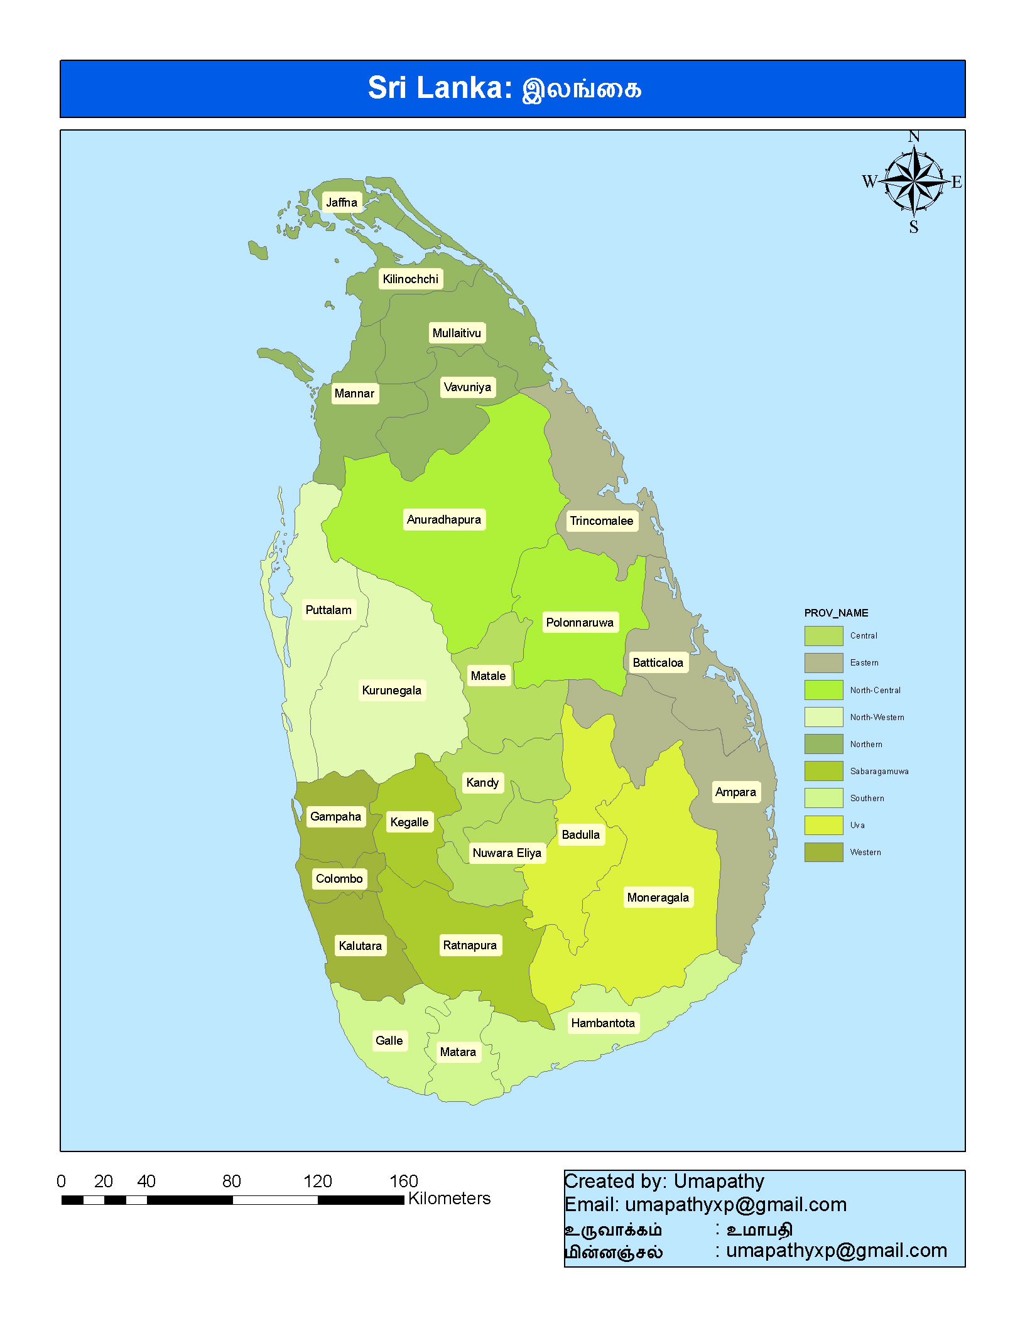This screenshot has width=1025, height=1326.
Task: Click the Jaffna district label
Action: tap(342, 202)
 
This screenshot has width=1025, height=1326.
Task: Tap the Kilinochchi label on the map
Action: tap(411, 279)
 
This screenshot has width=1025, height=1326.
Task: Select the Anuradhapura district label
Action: tap(444, 519)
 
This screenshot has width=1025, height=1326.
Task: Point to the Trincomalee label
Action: tap(601, 520)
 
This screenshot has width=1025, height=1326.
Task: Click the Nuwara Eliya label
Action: tap(507, 853)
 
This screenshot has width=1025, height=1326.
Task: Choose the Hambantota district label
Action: tap(603, 1023)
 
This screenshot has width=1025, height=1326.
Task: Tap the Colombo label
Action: tap(339, 878)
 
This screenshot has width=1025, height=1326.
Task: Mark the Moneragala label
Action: tap(658, 897)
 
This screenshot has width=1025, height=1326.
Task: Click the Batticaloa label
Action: tap(658, 662)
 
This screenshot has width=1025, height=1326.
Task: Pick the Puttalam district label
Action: tap(328, 610)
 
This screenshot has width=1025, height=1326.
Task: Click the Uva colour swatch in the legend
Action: tap(823, 825)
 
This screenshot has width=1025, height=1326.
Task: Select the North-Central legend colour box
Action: tap(823, 689)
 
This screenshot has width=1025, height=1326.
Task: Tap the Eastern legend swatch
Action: tap(823, 662)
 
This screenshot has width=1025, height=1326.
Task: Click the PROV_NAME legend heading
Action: tap(836, 613)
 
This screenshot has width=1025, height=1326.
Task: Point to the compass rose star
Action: tap(914, 181)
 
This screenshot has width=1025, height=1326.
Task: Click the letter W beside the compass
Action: tap(869, 181)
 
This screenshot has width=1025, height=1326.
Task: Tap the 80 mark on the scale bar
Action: tap(232, 1181)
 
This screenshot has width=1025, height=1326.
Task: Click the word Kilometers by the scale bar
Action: tap(449, 1198)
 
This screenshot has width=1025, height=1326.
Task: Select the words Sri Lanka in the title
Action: tap(440, 88)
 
